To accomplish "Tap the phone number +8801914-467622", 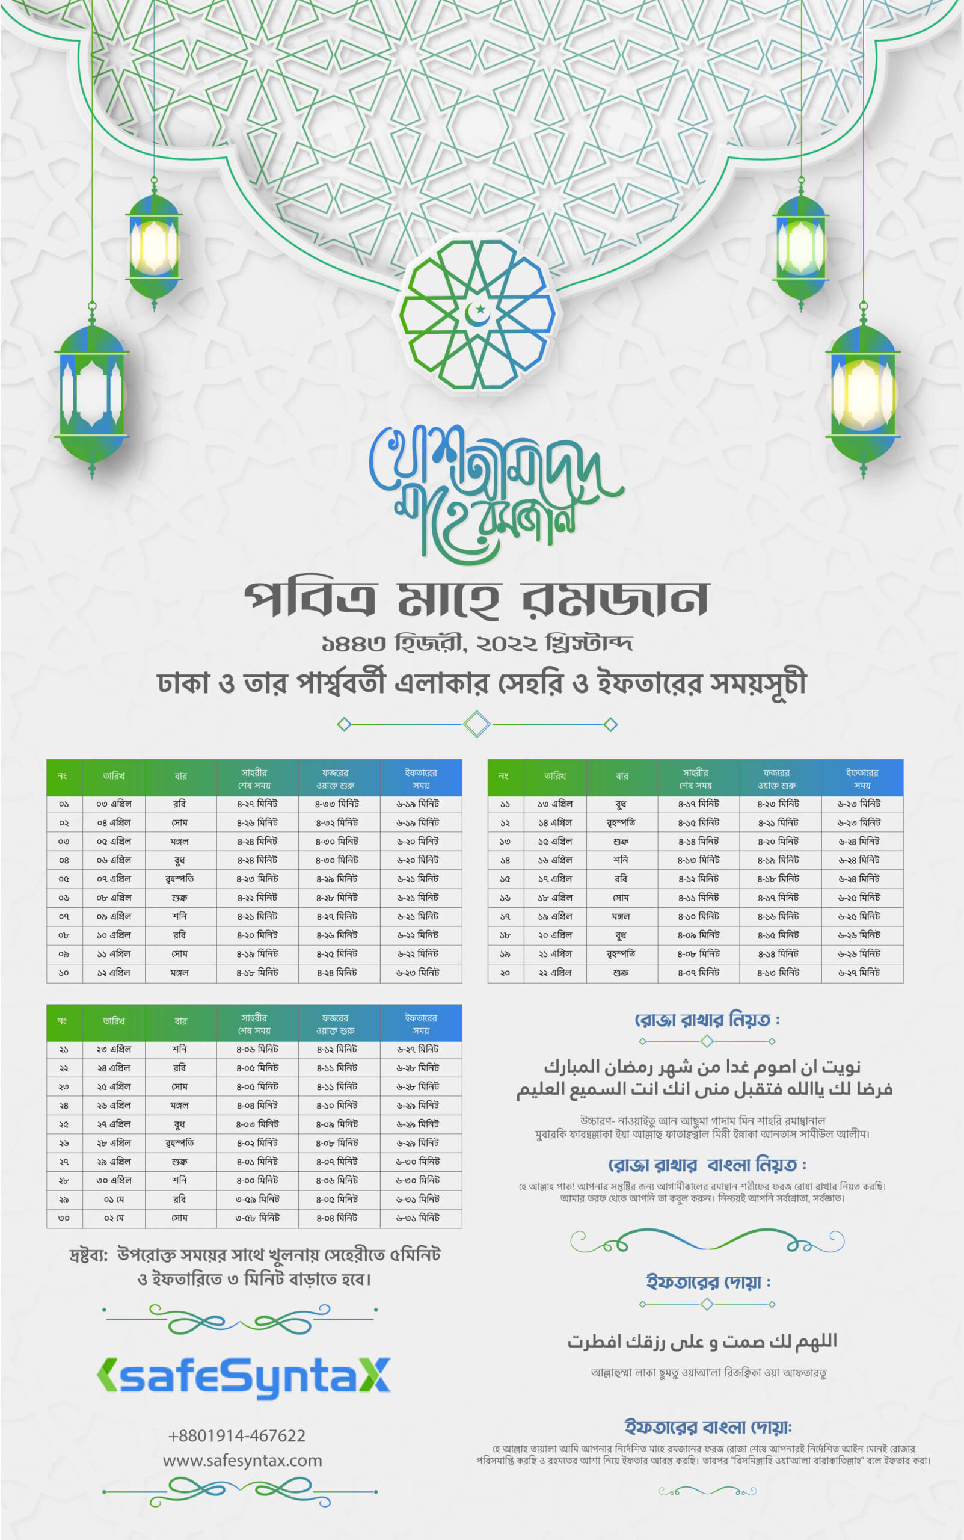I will click(x=236, y=1435).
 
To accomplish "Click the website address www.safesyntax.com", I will click(x=242, y=1459).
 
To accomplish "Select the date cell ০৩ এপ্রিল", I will click(x=114, y=804).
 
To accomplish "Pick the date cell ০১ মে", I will click(x=114, y=1199).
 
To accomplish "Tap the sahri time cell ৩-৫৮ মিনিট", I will click(x=257, y=1218).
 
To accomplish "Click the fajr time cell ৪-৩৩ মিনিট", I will click(x=337, y=804).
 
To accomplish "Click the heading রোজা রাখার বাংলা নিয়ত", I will click(x=707, y=1165).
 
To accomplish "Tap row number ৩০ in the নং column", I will click(x=63, y=1218).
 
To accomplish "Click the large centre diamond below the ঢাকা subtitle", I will click(x=476, y=724).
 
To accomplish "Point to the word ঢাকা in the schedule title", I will click(x=183, y=683).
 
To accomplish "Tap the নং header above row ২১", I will click(x=62, y=1021).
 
